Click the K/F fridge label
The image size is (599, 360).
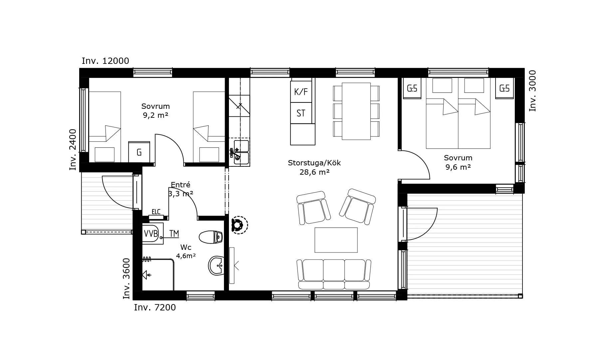[x=301, y=91]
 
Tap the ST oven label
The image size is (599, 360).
[x=301, y=113]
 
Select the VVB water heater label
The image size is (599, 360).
[x=151, y=234]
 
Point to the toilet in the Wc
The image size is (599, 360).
[x=211, y=237]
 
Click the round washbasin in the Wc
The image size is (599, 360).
[x=216, y=266]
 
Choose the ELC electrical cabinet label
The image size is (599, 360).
[x=156, y=212]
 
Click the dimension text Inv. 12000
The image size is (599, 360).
[x=105, y=61]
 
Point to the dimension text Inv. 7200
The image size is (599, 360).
[x=155, y=307]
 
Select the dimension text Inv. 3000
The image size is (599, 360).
[x=533, y=91]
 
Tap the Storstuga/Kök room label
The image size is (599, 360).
[x=314, y=163]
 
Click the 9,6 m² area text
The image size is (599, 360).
[x=458, y=167]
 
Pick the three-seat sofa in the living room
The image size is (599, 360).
[x=334, y=274]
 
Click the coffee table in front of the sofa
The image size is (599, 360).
[x=336, y=240]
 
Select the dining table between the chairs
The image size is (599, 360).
[x=356, y=111]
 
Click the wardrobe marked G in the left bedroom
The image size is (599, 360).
[x=139, y=152]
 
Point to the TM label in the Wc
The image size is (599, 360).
[x=174, y=234]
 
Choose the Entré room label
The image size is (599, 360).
[x=180, y=185]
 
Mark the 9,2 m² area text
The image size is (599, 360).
[x=155, y=115]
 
